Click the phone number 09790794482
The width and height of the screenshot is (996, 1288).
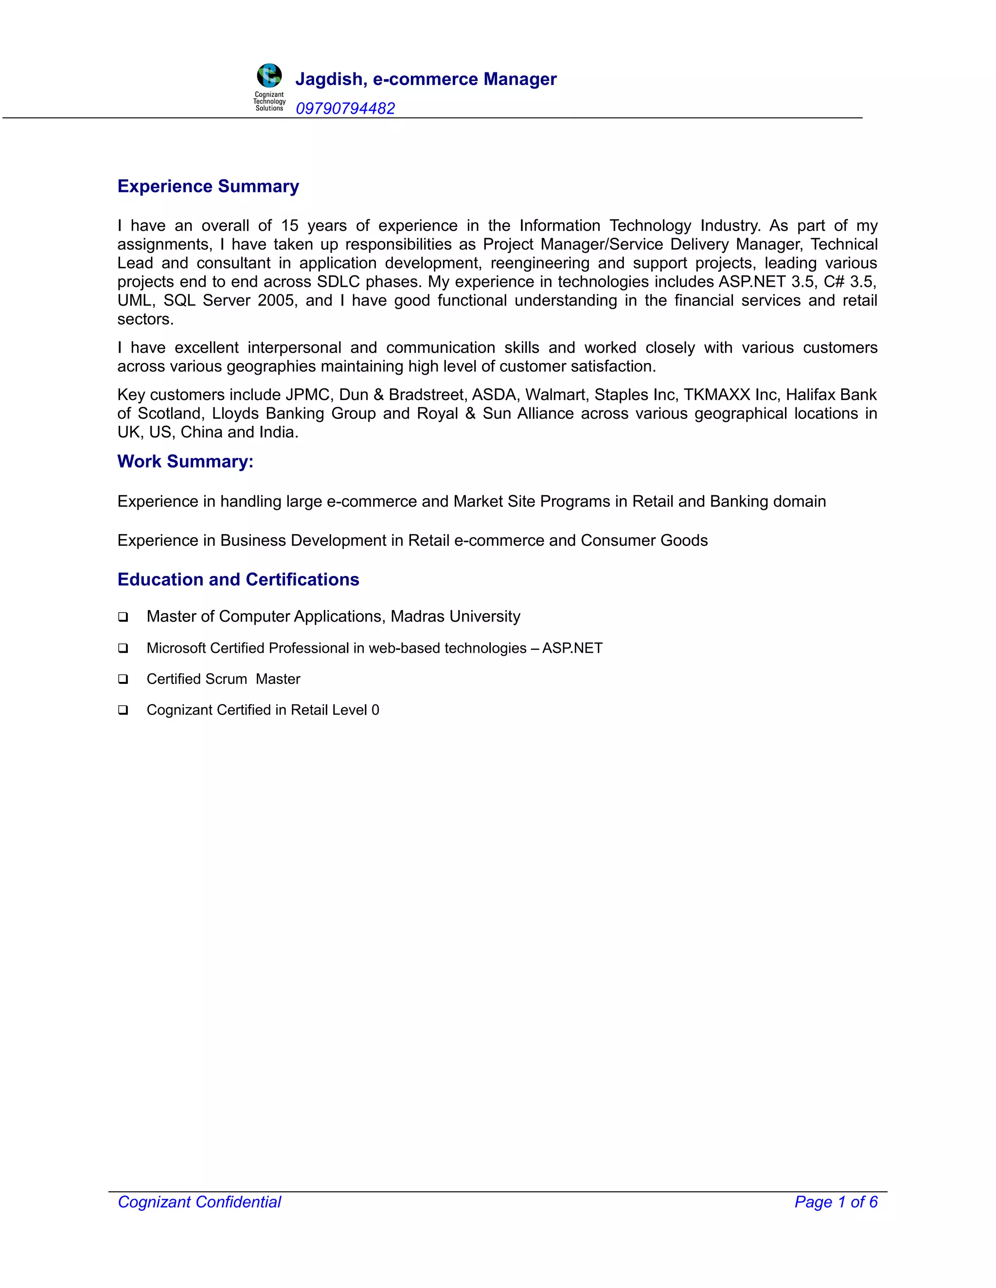coord(345,108)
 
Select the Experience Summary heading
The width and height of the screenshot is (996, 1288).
coord(208,186)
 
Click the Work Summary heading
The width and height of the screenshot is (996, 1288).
coord(185,461)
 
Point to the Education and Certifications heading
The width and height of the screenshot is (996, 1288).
coord(238,580)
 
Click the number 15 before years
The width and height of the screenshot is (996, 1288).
coord(290,226)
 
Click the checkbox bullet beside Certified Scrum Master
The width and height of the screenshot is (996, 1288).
coord(123,679)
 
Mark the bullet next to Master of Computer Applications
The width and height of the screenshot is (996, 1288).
coord(123,617)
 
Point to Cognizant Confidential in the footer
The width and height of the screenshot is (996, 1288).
coord(199,1202)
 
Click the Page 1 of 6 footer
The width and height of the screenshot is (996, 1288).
coord(836,1202)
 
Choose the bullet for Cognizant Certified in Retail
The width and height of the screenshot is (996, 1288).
coord(123,710)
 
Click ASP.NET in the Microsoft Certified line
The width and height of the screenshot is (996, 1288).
coord(572,648)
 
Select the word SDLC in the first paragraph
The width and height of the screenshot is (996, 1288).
coord(338,282)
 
